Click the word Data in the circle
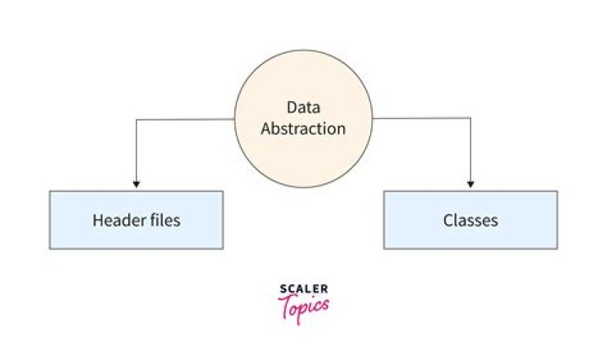[303, 108]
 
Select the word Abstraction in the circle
[303, 129]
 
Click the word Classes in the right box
[470, 221]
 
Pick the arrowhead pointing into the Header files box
[136, 184]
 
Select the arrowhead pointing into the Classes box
[470, 184]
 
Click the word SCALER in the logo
[303, 291]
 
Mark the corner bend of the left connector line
[136, 120]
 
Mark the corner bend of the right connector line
[470, 120]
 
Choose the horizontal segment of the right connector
[422, 120]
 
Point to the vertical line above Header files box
[136, 152]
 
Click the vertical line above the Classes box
[470, 152]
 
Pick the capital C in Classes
[448, 221]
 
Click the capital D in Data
[292, 108]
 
